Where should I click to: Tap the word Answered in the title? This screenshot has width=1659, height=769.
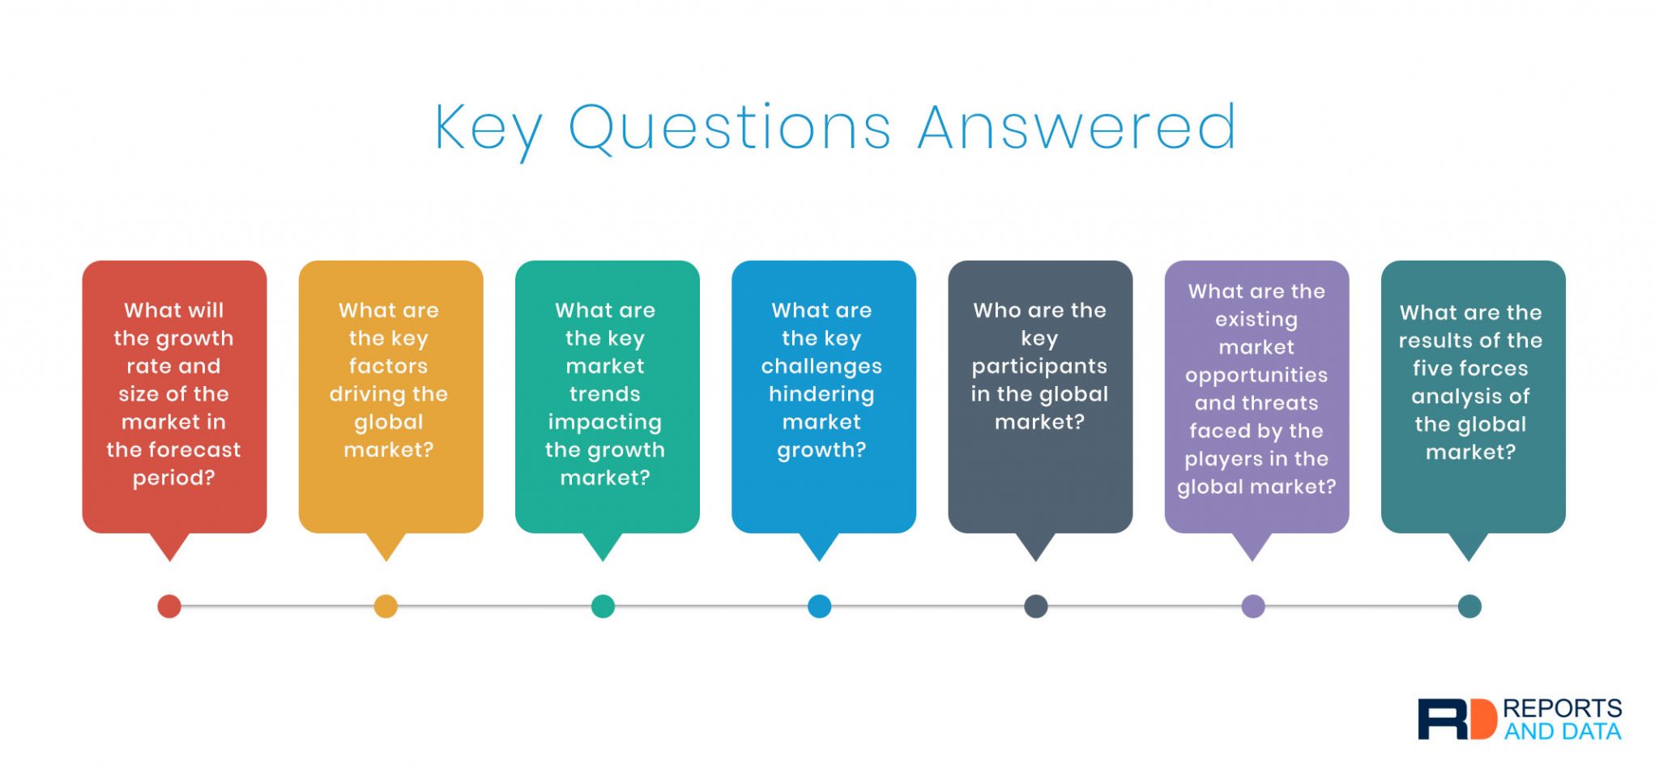click(x=1077, y=127)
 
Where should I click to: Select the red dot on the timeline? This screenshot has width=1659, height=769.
click(x=169, y=606)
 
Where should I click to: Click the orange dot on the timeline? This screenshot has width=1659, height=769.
click(x=386, y=606)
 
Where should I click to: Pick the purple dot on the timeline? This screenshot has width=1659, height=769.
click(x=1253, y=606)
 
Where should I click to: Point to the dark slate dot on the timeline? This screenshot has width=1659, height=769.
click(x=1036, y=606)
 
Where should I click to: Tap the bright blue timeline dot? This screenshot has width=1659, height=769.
click(x=820, y=606)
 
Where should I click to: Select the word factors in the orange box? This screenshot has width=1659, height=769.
click(x=388, y=366)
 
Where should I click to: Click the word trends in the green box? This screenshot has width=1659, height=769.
click(x=605, y=394)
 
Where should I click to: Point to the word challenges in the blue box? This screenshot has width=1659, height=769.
click(x=821, y=367)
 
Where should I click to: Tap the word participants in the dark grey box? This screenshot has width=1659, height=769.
click(x=1039, y=368)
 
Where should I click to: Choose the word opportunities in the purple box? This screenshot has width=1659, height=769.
click(x=1256, y=376)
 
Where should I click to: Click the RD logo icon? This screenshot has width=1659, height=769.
click(x=1456, y=719)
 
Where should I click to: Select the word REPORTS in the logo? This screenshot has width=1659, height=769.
click(x=1562, y=708)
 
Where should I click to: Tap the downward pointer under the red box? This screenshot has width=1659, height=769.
click(x=170, y=546)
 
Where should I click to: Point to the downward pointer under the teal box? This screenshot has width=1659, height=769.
click(x=1469, y=546)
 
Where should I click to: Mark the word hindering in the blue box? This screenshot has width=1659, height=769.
click(x=821, y=395)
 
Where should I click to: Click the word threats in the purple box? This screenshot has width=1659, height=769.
click(x=1281, y=403)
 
